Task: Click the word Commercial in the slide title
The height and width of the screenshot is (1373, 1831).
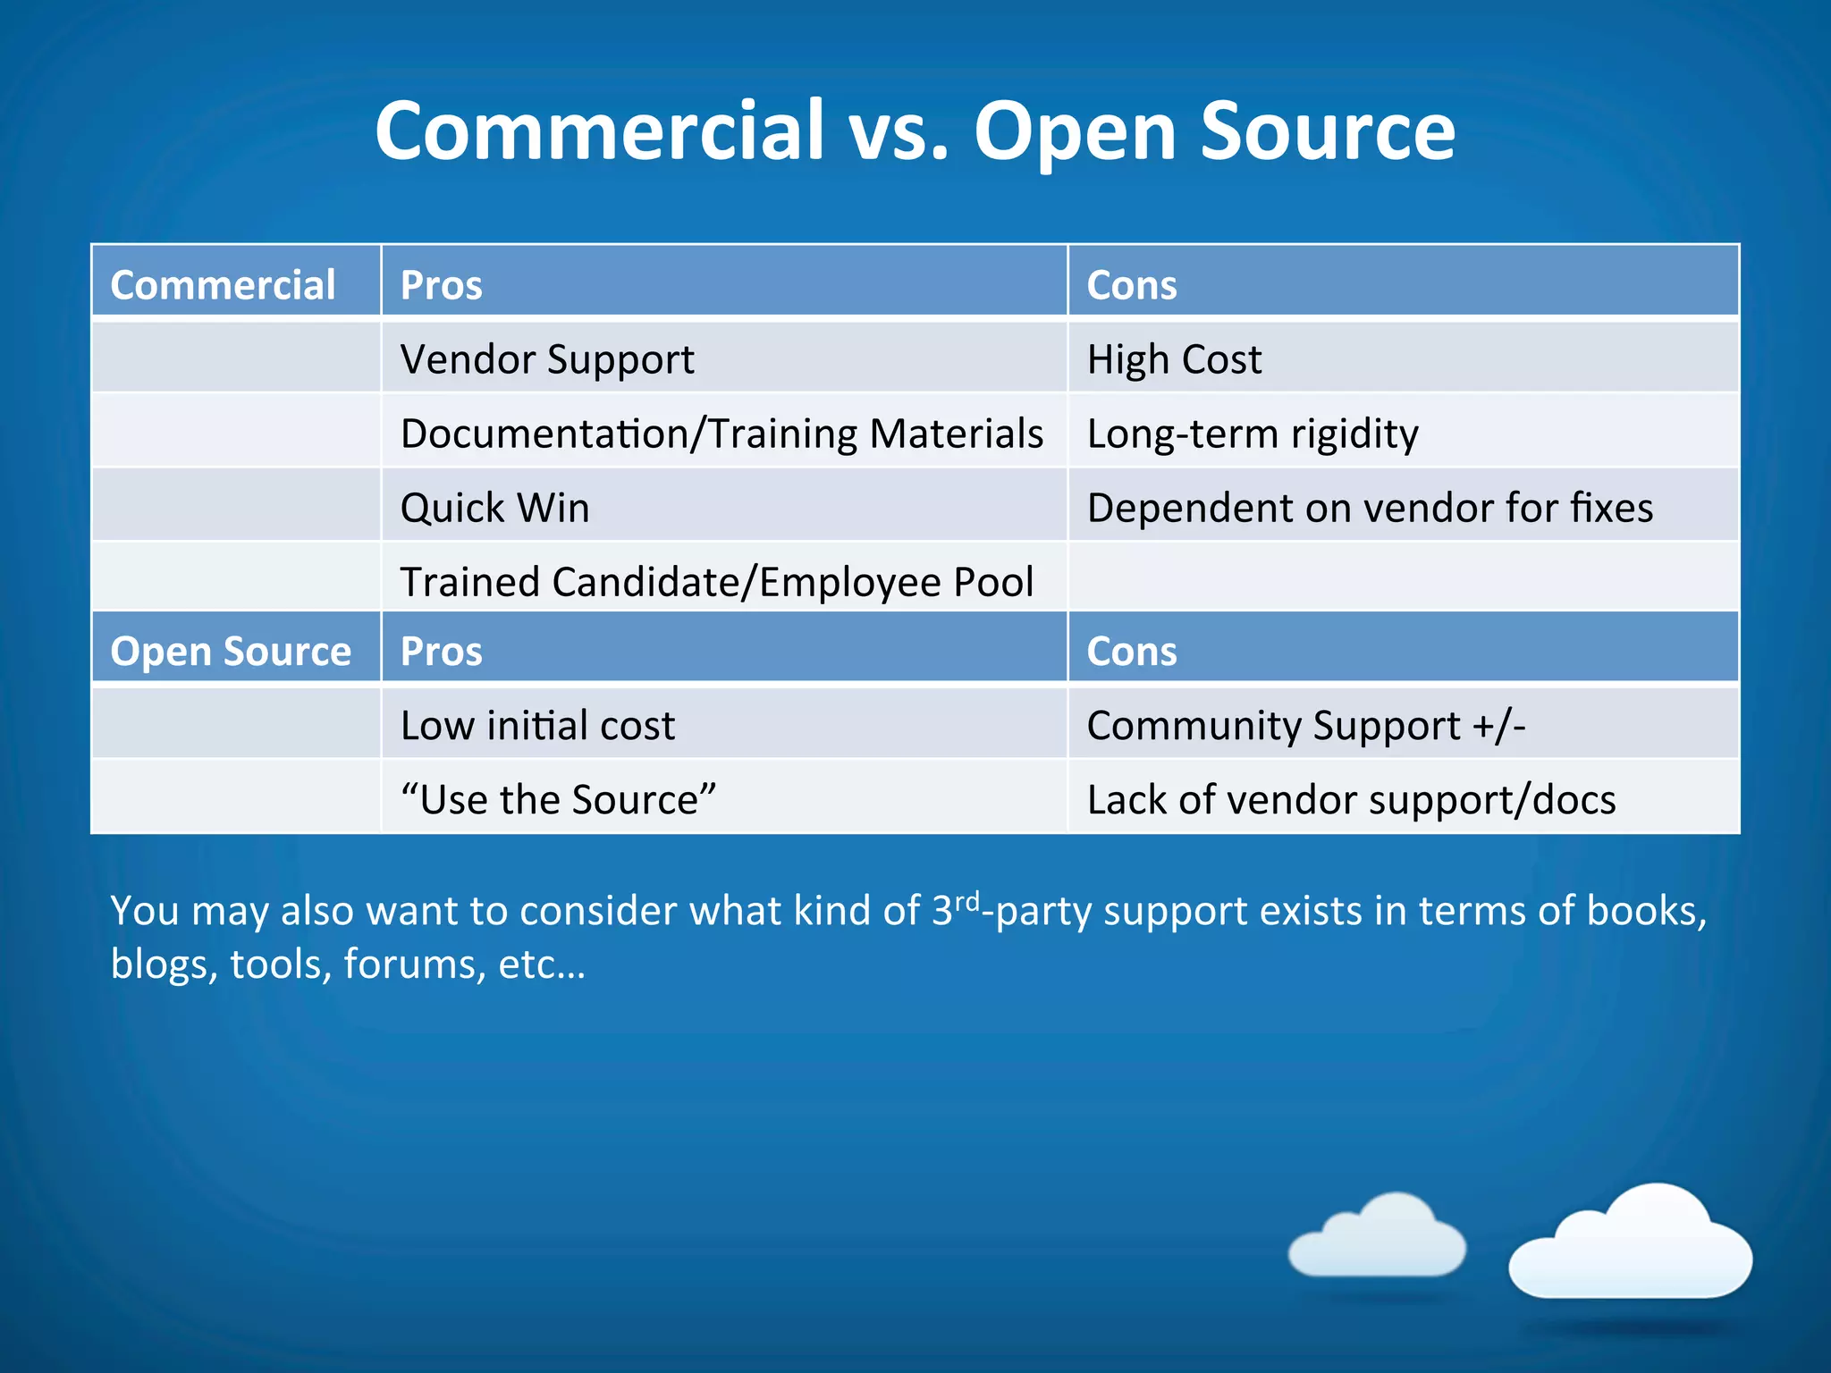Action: (599, 131)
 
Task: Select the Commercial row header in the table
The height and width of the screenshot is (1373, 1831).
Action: (223, 285)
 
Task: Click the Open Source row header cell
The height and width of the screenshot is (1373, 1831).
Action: (231, 651)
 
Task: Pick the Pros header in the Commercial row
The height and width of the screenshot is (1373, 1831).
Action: (442, 285)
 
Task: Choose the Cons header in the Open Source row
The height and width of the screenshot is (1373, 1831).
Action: (1131, 651)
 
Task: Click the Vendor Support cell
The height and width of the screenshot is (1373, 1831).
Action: (547, 359)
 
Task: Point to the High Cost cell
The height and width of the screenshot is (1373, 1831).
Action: (1174, 359)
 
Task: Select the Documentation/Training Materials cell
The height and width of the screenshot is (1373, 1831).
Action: (721, 434)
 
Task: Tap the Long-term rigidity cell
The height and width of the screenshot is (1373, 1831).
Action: (1252, 434)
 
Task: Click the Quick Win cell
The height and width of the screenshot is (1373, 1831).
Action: (494, 508)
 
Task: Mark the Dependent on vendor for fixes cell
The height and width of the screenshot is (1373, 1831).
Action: (1370, 508)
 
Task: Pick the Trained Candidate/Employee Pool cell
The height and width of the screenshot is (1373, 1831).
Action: (716, 582)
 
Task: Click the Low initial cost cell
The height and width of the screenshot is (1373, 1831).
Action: (537, 725)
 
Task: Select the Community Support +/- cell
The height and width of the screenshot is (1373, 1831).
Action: (1305, 725)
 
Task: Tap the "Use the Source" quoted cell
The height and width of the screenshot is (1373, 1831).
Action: (558, 799)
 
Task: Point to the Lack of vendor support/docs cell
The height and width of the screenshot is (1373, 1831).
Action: (1351, 799)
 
